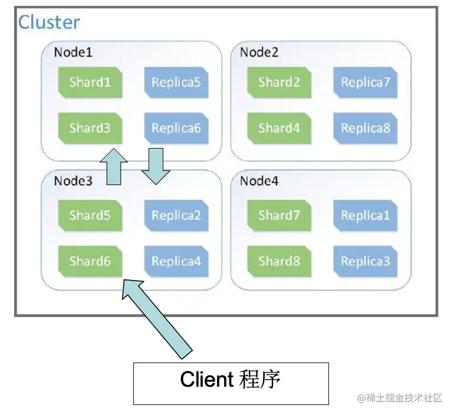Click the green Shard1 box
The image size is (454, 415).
click(x=90, y=82)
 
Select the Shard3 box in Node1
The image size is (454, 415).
click(x=90, y=128)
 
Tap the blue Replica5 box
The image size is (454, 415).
click(x=176, y=82)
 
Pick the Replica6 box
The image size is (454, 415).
click(x=176, y=128)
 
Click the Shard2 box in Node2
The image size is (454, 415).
click(x=279, y=82)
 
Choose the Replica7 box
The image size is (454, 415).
click(x=365, y=82)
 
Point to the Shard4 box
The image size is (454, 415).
click(x=279, y=128)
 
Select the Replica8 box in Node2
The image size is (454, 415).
click(x=365, y=128)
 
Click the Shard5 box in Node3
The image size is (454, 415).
click(x=90, y=215)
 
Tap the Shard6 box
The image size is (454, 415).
click(x=90, y=261)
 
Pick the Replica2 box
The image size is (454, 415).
click(x=176, y=215)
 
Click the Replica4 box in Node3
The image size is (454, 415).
click(x=176, y=261)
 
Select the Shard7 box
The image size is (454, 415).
click(x=279, y=215)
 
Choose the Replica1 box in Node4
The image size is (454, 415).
click(x=365, y=215)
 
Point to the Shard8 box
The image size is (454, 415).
click(x=279, y=261)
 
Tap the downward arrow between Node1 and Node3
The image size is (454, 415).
click(x=156, y=166)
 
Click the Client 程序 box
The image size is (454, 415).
click(x=231, y=383)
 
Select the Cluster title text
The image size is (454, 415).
click(x=49, y=22)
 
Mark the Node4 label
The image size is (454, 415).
click(x=259, y=181)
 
